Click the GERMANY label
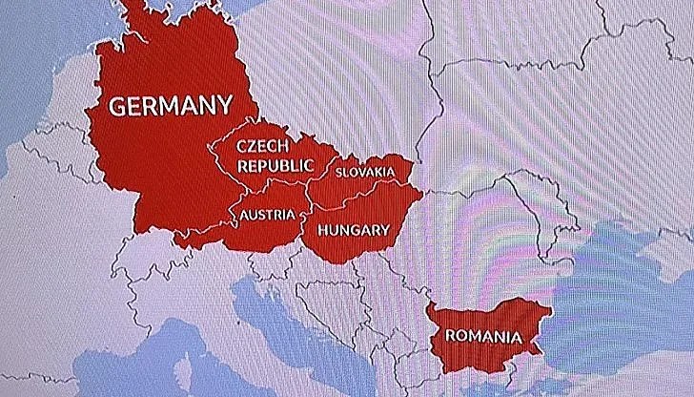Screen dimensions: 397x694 click(171, 106)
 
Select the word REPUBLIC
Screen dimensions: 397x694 click(275, 165)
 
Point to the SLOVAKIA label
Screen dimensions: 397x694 click(365, 172)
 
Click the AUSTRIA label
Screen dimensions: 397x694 click(267, 215)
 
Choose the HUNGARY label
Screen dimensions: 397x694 click(353, 230)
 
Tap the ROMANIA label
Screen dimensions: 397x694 click(482, 337)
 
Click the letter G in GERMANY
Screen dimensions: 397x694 click(118, 106)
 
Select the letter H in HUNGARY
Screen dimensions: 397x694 click(323, 230)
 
